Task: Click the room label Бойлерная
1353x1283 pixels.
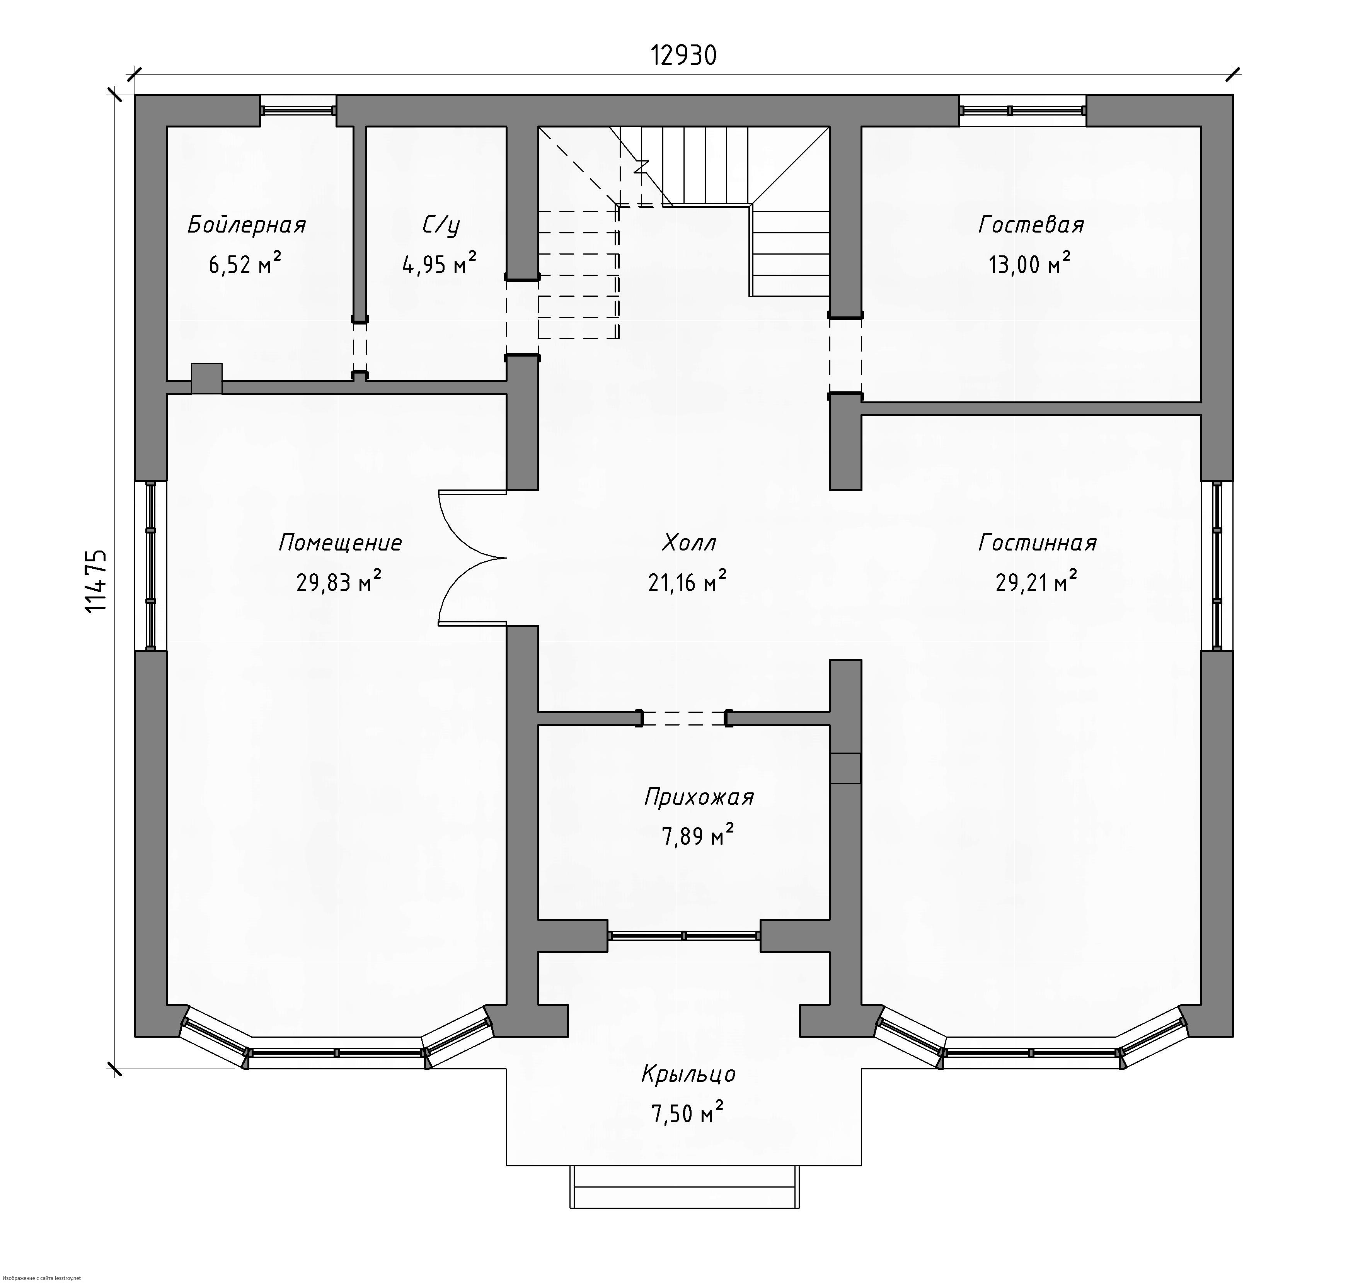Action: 246,225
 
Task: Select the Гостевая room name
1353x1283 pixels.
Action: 1031,224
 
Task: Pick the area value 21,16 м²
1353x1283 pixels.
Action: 687,581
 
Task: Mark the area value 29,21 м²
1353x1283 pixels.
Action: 1036,581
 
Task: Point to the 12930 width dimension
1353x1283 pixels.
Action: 683,55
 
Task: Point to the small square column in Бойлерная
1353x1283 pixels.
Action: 207,378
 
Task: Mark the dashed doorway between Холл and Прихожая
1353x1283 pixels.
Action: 684,718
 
